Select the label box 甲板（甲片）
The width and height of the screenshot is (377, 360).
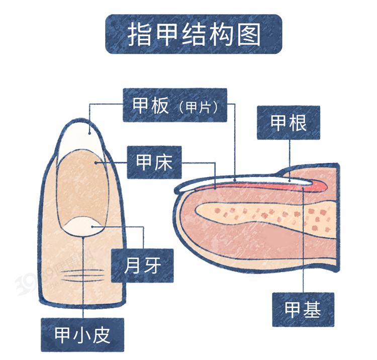(175, 105)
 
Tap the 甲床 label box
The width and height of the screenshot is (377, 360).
(154, 162)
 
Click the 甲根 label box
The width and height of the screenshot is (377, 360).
(289, 123)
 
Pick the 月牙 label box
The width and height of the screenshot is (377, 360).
(142, 265)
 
